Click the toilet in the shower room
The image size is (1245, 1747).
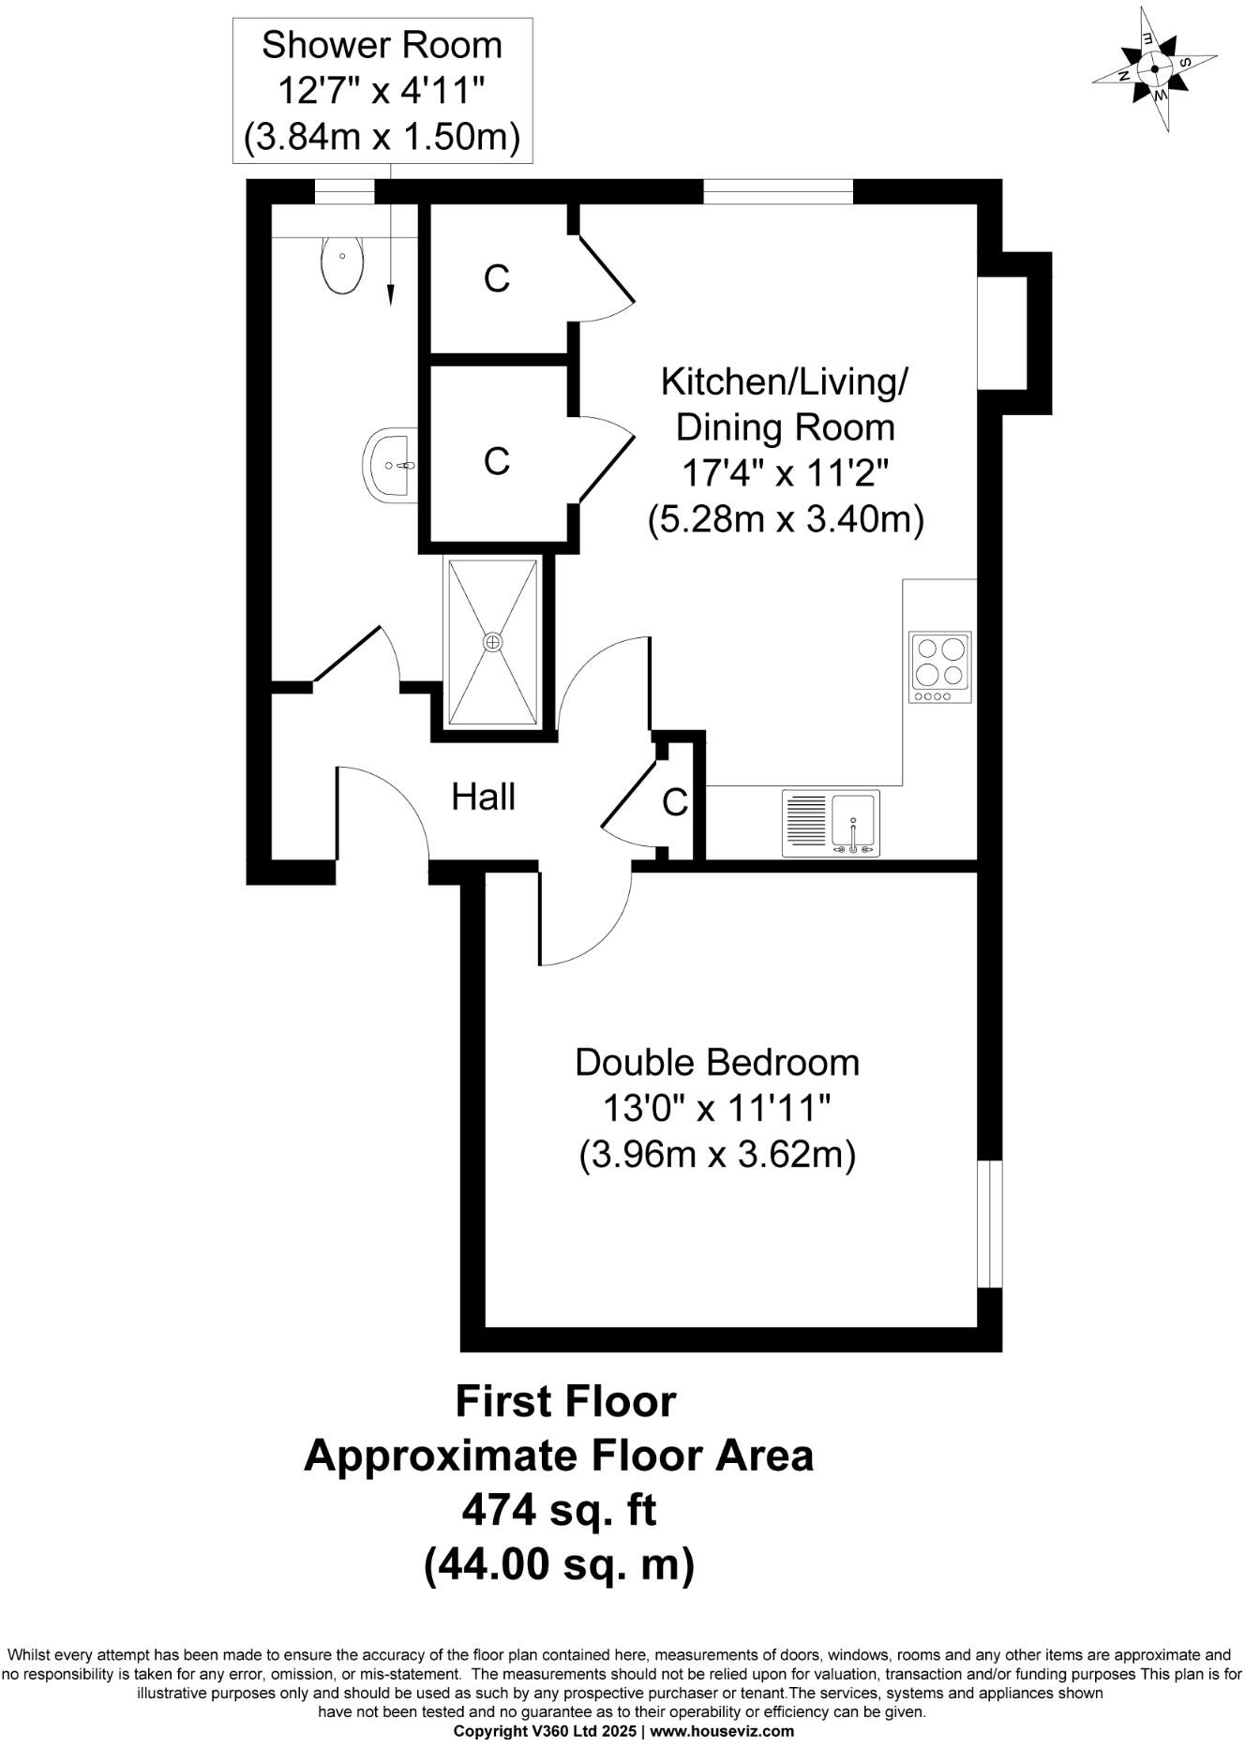point(342,263)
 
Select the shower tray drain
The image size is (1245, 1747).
point(493,642)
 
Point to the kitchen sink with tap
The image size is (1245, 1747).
point(853,824)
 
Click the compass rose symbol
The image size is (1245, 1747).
point(1154,68)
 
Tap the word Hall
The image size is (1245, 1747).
point(484,798)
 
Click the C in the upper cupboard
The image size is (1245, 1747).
point(496,278)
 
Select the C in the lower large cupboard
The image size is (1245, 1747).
point(496,461)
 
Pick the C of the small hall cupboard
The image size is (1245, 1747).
point(675,803)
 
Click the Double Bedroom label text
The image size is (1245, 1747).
point(717,1063)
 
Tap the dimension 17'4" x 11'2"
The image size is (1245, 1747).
point(784,473)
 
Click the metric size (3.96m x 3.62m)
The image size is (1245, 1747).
point(717,1155)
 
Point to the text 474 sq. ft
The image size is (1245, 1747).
point(559,1510)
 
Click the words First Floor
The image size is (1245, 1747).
point(565,1401)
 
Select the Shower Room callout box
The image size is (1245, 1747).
point(382,91)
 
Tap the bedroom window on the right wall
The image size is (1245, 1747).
point(989,1225)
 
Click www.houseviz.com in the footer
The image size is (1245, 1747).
point(721,1731)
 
